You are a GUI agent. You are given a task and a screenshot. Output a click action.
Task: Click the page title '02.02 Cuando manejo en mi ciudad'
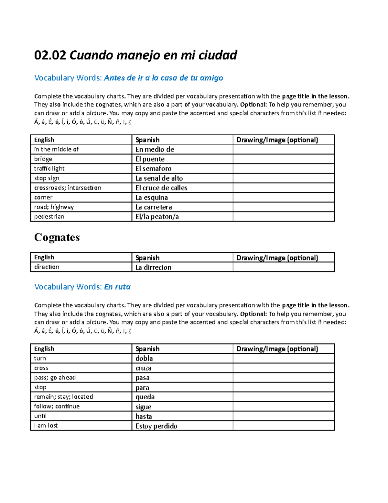click(135, 55)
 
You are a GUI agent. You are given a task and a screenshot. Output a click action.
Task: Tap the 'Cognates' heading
click(57, 237)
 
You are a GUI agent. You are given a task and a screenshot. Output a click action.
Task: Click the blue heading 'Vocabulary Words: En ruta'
click(82, 287)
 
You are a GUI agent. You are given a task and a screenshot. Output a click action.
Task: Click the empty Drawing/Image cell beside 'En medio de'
click(283, 149)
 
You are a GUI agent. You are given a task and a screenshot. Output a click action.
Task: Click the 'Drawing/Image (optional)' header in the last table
click(277, 349)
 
